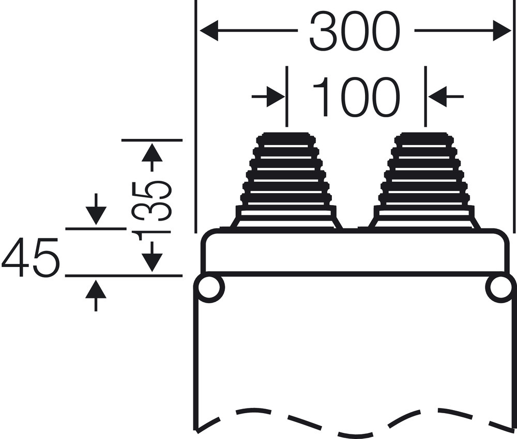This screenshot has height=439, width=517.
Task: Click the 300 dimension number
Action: coord(355,32)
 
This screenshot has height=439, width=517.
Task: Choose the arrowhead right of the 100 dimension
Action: coord(437,97)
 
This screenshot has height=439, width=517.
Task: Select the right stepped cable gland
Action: coord(424,181)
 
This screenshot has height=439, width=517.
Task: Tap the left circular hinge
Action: coord(210,288)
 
